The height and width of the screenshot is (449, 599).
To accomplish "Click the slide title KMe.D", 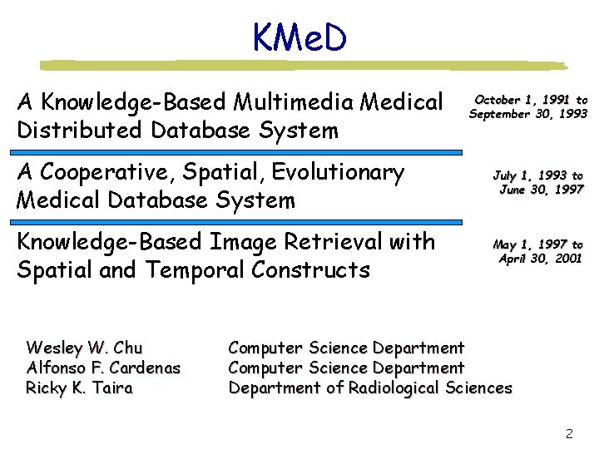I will pyautogui.click(x=299, y=37).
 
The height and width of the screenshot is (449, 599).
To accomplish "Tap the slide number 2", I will pyautogui.click(x=569, y=433).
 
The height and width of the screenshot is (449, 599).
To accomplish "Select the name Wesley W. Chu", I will pyautogui.click(x=84, y=348).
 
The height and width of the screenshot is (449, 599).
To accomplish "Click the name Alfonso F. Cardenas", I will pyautogui.click(x=103, y=368).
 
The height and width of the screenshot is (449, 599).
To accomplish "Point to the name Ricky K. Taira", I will pyautogui.click(x=79, y=387).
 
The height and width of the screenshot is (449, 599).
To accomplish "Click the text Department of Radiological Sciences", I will pyautogui.click(x=370, y=387).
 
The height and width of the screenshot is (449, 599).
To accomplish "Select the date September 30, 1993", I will pyautogui.click(x=528, y=114).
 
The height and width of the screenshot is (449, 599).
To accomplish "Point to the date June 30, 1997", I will pyautogui.click(x=541, y=190).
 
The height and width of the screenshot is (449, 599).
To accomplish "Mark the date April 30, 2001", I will pyautogui.click(x=540, y=259).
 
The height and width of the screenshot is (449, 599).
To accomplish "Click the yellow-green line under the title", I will pyautogui.click(x=304, y=65).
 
